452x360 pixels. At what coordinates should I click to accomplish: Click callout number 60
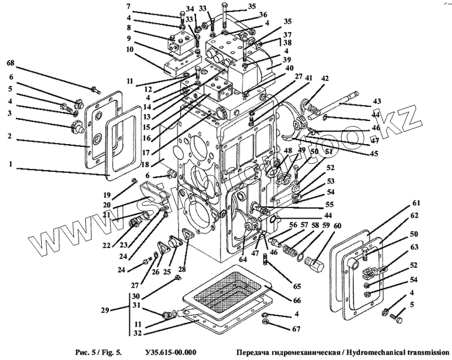point(337,225)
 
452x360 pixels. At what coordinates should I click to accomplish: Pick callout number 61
point(416,203)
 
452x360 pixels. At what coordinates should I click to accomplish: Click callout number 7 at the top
point(129,6)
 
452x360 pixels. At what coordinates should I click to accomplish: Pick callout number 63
point(415,246)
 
